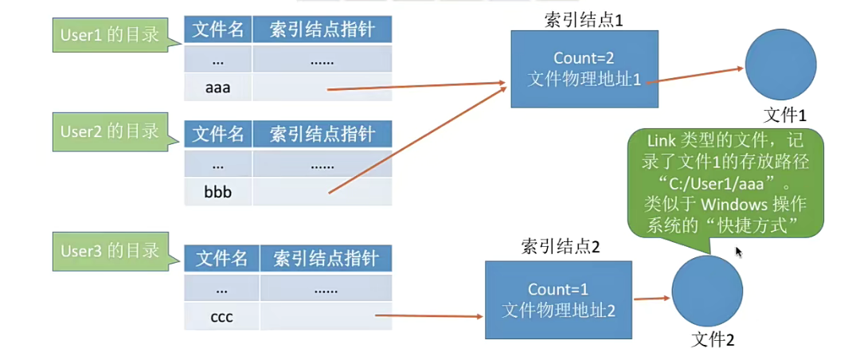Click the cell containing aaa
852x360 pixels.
click(217, 88)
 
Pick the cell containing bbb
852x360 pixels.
click(217, 192)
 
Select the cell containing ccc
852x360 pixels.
click(221, 316)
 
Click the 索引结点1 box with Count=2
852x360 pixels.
click(584, 69)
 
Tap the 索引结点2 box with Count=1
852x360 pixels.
click(559, 299)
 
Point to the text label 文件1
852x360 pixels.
click(785, 115)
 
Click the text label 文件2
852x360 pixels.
click(712, 340)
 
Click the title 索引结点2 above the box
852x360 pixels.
click(560, 245)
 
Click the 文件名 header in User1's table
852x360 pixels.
click(217, 30)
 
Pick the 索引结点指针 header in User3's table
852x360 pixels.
click(326, 259)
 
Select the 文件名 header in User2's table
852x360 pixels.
click(217, 133)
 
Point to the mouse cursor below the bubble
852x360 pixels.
click(738, 252)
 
